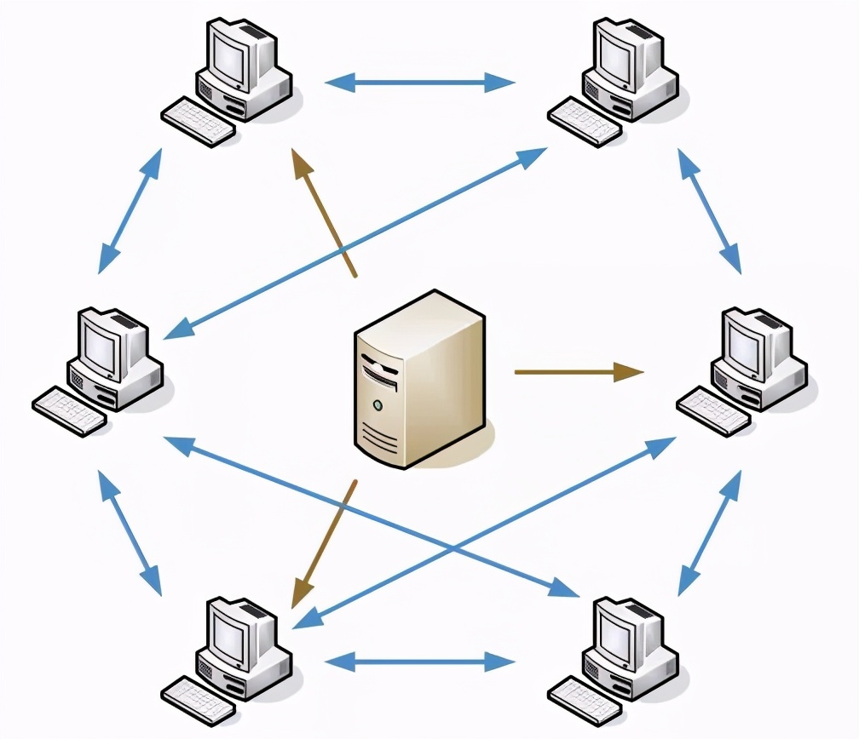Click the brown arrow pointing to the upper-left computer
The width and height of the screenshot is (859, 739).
[323, 213]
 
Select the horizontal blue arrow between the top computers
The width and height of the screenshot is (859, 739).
[420, 83]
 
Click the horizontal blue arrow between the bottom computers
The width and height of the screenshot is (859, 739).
[420, 661]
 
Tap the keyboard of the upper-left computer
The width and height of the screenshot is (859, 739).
[197, 122]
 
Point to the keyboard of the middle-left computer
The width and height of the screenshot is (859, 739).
[69, 411]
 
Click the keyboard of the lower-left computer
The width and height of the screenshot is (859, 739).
[197, 701]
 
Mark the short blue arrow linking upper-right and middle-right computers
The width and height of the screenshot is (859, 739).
[709, 211]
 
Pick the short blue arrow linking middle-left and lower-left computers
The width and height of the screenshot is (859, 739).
[130, 533]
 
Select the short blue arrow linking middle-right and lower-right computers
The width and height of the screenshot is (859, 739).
[709, 533]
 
